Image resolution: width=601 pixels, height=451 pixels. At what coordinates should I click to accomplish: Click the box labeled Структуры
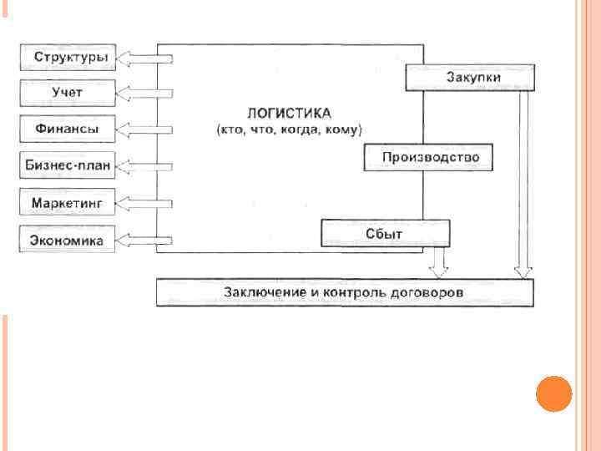(x=68, y=57)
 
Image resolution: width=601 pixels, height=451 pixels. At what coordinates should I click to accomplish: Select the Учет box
(x=68, y=93)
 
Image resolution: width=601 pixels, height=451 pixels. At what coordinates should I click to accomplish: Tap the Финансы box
(x=68, y=129)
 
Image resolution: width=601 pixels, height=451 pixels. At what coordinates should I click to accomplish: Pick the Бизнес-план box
(x=68, y=166)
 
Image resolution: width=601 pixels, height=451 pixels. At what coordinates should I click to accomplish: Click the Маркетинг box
(x=68, y=203)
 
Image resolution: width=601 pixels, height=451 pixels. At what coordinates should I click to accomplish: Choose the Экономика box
(x=68, y=241)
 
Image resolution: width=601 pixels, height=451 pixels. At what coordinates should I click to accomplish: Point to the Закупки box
(x=470, y=78)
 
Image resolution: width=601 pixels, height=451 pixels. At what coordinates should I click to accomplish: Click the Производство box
(x=427, y=157)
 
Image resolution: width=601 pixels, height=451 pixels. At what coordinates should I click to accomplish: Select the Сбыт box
(x=385, y=233)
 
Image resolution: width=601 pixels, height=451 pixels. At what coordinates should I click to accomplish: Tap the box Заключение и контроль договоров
(x=344, y=293)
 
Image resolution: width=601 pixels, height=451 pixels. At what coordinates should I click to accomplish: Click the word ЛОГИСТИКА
(x=289, y=113)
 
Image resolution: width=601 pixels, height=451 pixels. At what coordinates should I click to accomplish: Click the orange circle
(x=553, y=393)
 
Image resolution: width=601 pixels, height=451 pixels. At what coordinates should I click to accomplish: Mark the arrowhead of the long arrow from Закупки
(x=523, y=271)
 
